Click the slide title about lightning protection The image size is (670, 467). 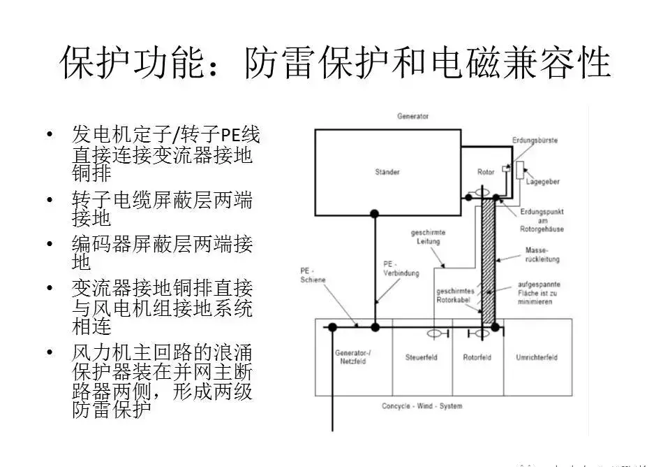[x=335, y=63]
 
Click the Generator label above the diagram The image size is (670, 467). [x=412, y=116]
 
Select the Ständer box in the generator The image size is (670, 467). [x=387, y=171]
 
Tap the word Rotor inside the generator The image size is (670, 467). [x=486, y=172]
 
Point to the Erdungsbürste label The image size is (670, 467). [x=535, y=141]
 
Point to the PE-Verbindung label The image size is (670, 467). [x=401, y=269]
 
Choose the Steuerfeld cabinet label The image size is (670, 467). [x=422, y=357]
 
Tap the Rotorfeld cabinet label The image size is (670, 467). [x=477, y=357]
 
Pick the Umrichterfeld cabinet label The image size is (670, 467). [x=536, y=357]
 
